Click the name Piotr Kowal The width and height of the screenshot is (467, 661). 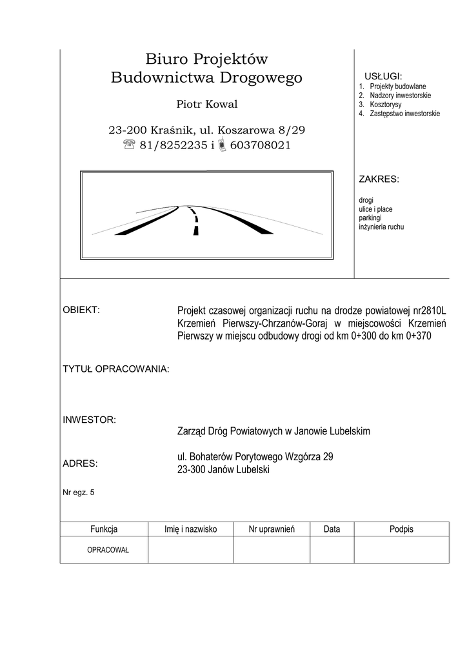206,105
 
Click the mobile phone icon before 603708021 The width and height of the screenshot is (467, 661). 223,146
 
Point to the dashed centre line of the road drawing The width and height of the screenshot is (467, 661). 195,221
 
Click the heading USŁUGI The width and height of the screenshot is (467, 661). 383,76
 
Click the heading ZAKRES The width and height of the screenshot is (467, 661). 379,179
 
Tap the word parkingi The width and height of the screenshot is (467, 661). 370,218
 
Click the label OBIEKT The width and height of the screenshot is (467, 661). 81,309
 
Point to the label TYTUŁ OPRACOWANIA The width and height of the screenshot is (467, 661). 115,369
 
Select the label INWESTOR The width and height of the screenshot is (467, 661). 89,420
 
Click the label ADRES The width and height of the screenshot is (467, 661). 80,463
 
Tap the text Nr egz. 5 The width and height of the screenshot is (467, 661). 78,493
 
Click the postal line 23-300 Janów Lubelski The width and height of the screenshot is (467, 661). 223,471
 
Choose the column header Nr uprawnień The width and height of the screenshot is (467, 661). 272,529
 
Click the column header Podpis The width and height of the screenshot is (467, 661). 401,529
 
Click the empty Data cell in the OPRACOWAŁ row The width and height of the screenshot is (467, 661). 332,550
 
